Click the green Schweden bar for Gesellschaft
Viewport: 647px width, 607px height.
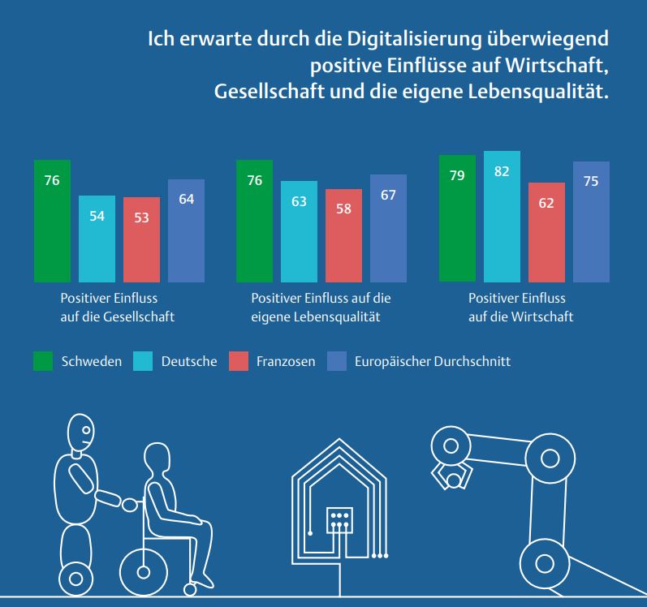(x=52, y=220)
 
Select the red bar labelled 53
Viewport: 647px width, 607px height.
(x=141, y=239)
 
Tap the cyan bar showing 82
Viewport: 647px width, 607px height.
(x=502, y=216)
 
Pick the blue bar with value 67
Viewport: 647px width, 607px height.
(x=388, y=228)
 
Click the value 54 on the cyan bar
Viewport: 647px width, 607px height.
(x=97, y=215)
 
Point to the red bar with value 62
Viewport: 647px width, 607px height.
(x=546, y=232)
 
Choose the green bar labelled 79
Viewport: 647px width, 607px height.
(x=457, y=217)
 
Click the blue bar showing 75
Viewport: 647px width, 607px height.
(x=591, y=222)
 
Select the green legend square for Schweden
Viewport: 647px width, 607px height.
(x=42, y=361)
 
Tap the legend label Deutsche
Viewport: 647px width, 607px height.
(x=188, y=361)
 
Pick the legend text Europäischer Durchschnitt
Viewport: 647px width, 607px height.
(x=432, y=361)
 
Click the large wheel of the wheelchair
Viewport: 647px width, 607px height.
(x=144, y=570)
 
